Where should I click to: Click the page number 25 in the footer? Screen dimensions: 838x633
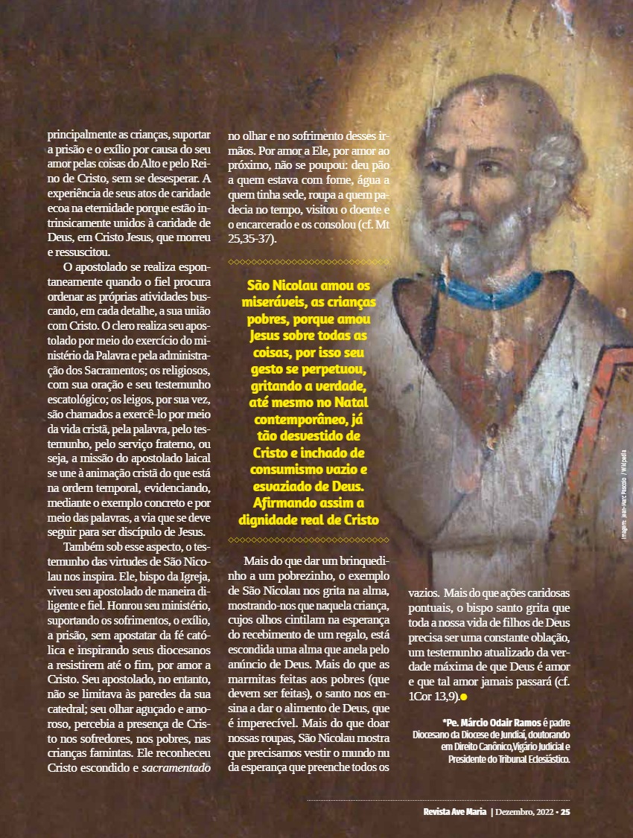coord(565,811)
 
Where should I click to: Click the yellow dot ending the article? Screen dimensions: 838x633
coord(463,697)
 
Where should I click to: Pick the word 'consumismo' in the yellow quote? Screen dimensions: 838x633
coord(286,470)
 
